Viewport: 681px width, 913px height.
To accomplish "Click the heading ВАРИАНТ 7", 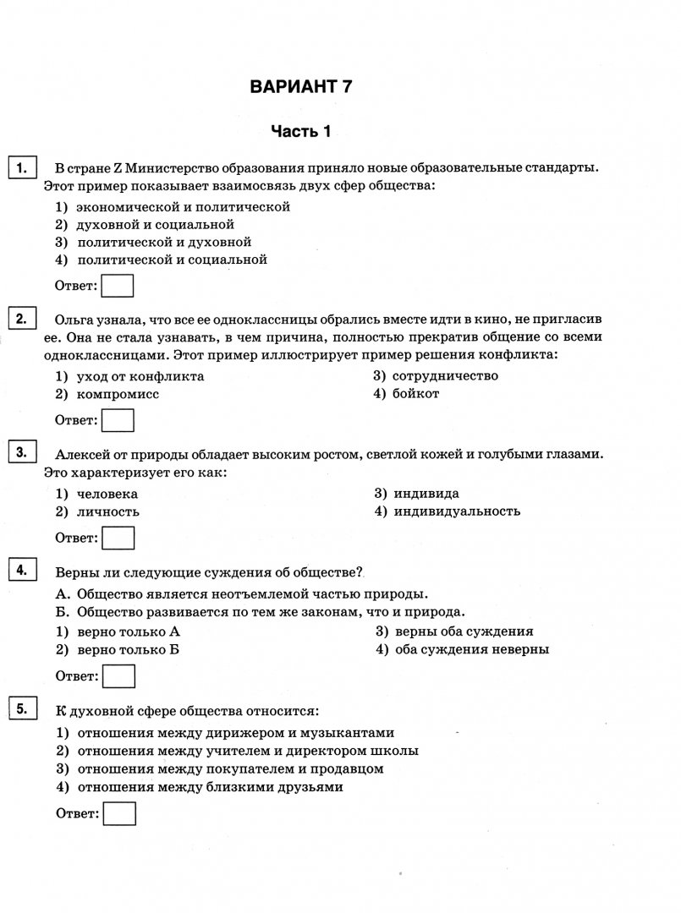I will tap(300, 86).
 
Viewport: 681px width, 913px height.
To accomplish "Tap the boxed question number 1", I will tap(21, 165).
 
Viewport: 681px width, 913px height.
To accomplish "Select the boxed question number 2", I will tap(21, 319).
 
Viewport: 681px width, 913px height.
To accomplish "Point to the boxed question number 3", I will tap(21, 452).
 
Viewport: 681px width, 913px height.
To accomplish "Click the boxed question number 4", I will tap(21, 571).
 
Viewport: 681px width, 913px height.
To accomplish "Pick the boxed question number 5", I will tap(21, 708).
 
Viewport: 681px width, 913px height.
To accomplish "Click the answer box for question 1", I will tap(118, 286).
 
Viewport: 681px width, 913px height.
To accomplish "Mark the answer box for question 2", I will tap(118, 419).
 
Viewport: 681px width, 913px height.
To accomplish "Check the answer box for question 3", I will tap(118, 538).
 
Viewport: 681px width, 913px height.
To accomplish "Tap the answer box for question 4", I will tap(118, 675).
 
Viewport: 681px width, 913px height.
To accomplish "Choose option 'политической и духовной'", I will tap(164, 242).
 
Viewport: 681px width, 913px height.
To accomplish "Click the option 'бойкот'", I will tap(415, 393).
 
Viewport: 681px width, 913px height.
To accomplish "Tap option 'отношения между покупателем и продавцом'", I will tap(230, 768).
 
